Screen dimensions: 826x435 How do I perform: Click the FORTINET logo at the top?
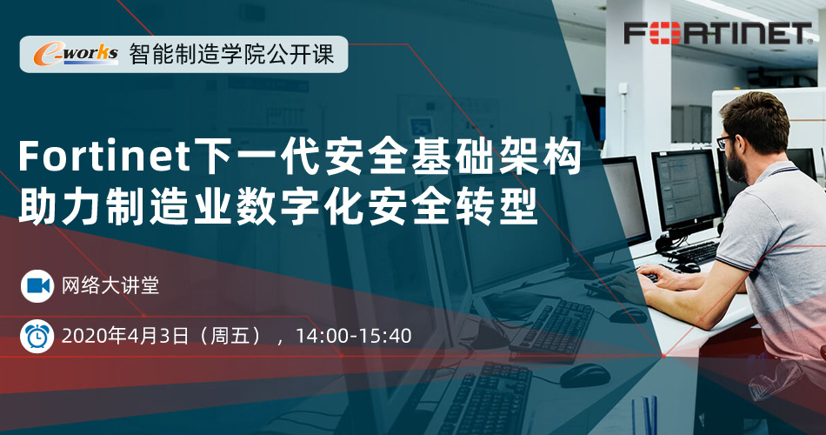[718, 33]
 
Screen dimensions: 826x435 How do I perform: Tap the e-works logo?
[76, 54]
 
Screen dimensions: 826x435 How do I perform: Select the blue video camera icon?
[37, 285]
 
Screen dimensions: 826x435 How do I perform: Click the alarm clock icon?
[37, 336]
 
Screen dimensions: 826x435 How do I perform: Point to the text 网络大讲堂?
[110, 285]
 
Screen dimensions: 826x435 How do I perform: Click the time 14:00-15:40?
[354, 336]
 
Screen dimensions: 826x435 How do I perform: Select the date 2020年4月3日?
[125, 336]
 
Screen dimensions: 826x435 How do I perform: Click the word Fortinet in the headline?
[105, 157]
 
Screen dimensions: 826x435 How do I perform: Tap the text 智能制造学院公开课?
[232, 54]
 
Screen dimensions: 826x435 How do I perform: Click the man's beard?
[736, 166]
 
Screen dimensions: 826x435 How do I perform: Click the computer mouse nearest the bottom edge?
[585, 376]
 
